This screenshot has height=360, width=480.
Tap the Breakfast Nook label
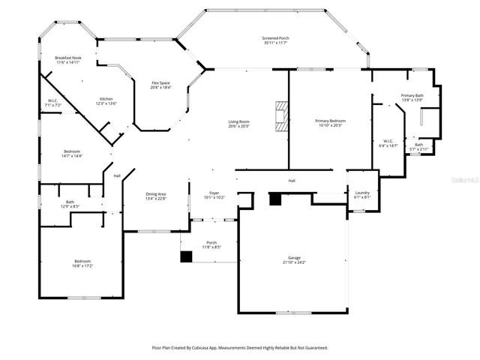(x=68, y=60)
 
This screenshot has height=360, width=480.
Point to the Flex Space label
(x=161, y=85)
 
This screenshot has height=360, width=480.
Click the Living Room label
(x=239, y=124)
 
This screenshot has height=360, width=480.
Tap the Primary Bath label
(x=412, y=97)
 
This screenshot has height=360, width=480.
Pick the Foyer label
(x=214, y=195)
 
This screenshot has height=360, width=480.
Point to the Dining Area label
(x=155, y=196)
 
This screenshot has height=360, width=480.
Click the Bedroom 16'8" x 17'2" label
(x=82, y=263)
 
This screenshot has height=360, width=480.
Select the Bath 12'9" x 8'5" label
(x=70, y=203)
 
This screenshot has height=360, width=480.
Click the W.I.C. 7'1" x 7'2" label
(x=52, y=103)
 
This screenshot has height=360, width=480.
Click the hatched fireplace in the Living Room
(x=280, y=116)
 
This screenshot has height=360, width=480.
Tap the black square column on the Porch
(x=185, y=256)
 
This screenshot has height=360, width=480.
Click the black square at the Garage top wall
(x=274, y=199)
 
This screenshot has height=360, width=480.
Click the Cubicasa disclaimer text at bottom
(x=240, y=348)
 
